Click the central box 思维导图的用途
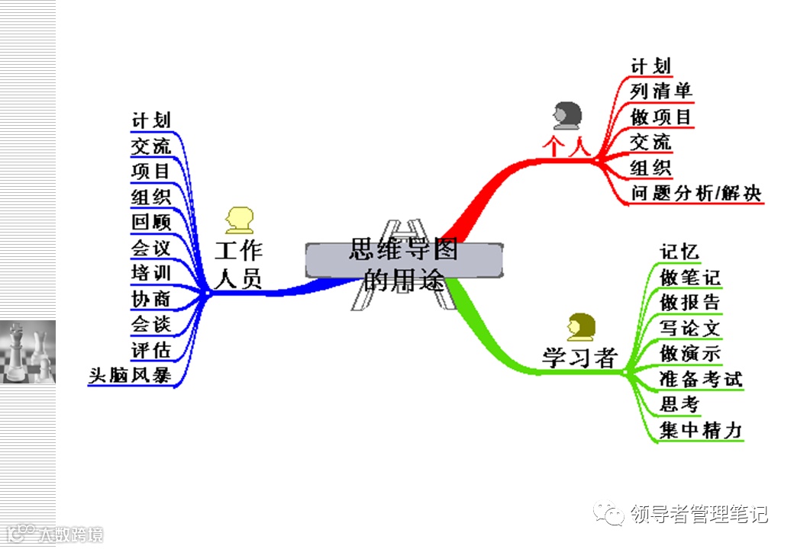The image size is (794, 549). click(x=404, y=260)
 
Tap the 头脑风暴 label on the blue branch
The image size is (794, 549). click(x=129, y=375)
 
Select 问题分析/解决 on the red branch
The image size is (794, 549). click(x=696, y=192)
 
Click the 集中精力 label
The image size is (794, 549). click(x=701, y=430)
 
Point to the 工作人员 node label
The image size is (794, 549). click(x=238, y=265)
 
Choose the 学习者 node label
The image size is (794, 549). click(x=579, y=357)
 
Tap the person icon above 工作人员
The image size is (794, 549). click(x=239, y=220)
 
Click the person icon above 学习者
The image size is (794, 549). click(x=580, y=326)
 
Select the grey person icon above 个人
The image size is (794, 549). click(x=566, y=115)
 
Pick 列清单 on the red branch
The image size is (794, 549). click(x=661, y=91)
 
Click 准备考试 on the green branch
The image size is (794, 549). click(x=701, y=378)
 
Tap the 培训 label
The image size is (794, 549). click(x=151, y=273)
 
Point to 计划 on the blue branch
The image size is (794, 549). click(x=151, y=120)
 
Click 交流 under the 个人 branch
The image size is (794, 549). click(x=651, y=142)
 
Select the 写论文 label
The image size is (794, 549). click(x=690, y=328)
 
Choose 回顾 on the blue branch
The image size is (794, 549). click(x=151, y=222)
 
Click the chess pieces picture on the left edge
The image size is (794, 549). click(x=27, y=352)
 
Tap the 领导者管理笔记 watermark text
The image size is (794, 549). click(x=699, y=515)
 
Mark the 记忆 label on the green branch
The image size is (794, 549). click(x=679, y=252)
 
